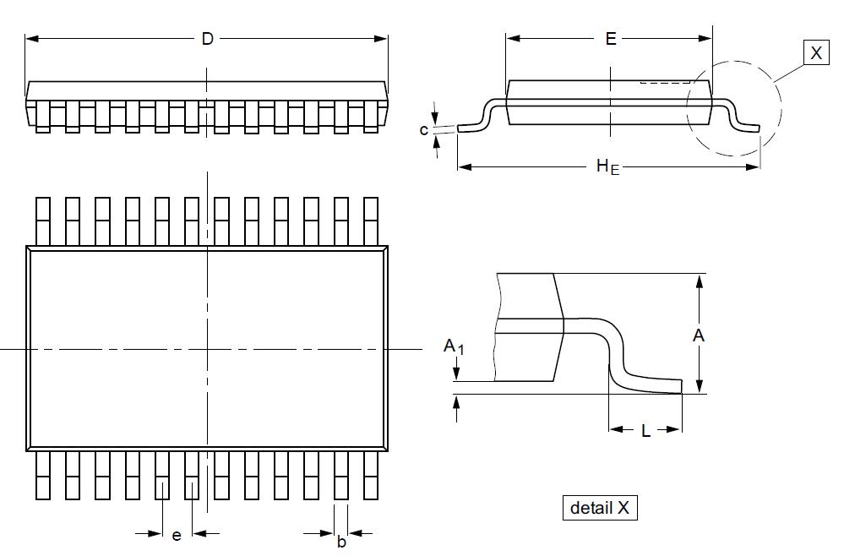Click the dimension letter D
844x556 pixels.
207,39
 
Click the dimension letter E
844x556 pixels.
611,39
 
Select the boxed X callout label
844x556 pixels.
815,53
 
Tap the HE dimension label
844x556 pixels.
607,166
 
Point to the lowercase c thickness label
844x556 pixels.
424,129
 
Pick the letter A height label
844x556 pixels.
699,335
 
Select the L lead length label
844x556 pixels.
645,431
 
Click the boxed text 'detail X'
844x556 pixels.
600,508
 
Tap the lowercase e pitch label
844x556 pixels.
177,535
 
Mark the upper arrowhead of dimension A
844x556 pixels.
699,280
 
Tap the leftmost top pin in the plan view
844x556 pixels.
42,221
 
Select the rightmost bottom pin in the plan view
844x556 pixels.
370,475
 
